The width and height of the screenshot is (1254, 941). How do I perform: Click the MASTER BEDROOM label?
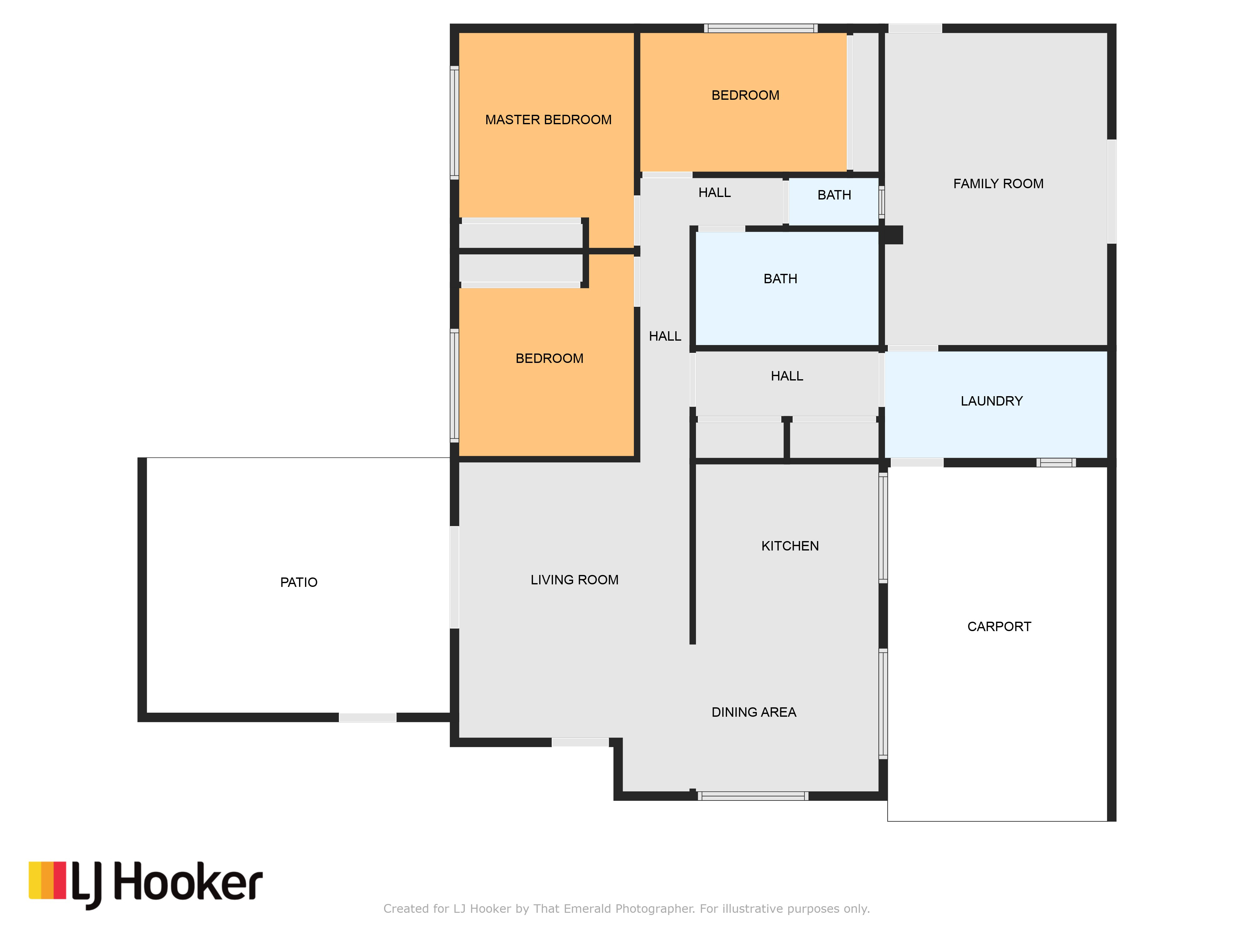coord(548,120)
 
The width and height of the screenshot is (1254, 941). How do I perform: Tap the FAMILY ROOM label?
coord(998,184)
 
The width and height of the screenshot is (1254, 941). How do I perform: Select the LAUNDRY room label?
coord(992,401)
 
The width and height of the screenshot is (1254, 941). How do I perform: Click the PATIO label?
coord(299,582)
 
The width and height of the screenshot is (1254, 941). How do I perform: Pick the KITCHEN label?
coord(790,546)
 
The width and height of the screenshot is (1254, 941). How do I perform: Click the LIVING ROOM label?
coord(574,580)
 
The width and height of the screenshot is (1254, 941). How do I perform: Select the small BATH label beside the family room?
coord(834,195)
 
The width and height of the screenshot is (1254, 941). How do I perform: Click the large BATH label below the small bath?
coord(780,279)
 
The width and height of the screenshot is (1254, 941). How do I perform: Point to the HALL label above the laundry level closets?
coord(787,376)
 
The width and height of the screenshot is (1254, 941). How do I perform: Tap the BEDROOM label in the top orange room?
coord(745,95)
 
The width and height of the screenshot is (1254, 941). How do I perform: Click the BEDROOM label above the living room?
coord(549,359)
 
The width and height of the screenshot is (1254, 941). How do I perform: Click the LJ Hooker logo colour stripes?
coord(48,880)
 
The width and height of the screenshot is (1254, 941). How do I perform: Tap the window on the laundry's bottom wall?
coord(1056,462)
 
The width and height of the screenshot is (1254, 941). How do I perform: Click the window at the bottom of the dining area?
coord(753,796)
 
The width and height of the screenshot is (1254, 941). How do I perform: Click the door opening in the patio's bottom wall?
coord(367,718)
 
